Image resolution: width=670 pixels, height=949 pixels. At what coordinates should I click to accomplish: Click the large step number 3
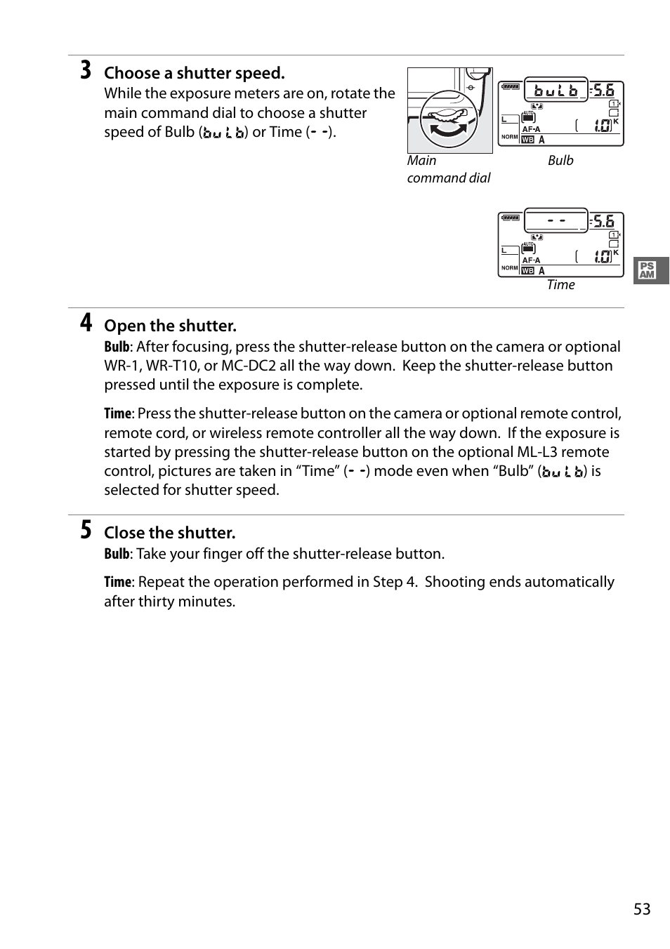pos(85,71)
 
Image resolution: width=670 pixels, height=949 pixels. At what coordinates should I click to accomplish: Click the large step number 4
pos(85,323)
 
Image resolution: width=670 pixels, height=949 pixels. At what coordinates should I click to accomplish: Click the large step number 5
pos(85,530)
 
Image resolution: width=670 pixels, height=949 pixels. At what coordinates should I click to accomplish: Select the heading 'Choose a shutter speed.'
pos(195,73)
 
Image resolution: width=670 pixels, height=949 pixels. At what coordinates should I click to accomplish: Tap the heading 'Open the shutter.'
pos(170,326)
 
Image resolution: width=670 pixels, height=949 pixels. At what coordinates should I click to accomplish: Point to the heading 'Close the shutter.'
pos(169,533)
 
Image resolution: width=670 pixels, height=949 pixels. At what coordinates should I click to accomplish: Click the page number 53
pos(642,909)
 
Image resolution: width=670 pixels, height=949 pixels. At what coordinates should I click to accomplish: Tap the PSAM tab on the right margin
pos(648,270)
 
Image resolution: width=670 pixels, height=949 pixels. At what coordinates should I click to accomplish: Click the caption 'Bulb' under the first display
pos(560,160)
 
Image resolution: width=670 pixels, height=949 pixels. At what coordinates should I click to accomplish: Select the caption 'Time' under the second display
pos(560,284)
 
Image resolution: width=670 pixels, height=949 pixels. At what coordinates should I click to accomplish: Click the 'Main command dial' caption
pos(448,169)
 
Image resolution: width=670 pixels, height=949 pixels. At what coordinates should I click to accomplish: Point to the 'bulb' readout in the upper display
pos(556,91)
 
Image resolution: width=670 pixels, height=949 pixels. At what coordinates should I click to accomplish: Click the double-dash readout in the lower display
pos(557,220)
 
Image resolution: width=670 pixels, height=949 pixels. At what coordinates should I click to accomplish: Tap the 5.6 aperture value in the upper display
pos(603,90)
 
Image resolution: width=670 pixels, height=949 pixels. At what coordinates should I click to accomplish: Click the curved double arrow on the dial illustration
pos(450,129)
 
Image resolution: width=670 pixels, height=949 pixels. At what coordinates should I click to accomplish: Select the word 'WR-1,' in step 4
pos(123,366)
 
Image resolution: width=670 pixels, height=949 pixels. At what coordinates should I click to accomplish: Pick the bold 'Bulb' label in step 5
pos(117,554)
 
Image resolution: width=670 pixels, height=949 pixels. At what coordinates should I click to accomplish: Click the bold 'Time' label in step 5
pos(117,582)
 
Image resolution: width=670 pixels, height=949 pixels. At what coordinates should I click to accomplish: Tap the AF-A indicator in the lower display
pos(532,260)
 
